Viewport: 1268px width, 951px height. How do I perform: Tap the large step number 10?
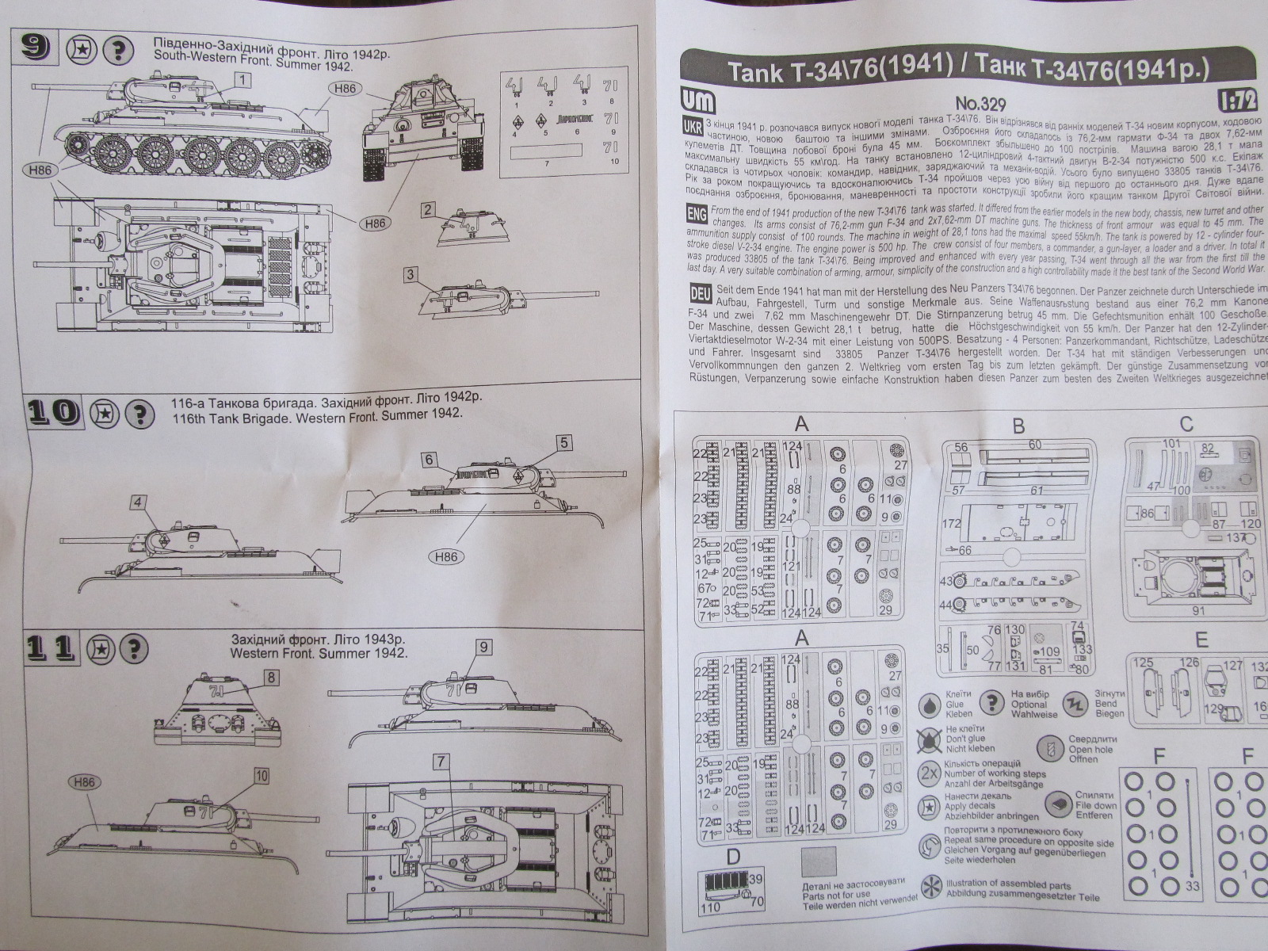[x=55, y=412]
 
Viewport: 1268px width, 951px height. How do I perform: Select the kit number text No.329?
[x=982, y=103]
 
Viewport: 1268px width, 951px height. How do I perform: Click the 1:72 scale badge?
[x=1238, y=101]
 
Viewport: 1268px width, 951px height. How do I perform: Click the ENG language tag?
[x=696, y=214]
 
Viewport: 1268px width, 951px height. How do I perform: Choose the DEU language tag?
[x=700, y=293]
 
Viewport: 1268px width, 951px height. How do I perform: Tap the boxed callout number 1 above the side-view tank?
[x=243, y=79]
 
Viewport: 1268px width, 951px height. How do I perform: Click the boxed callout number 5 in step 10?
[x=563, y=442]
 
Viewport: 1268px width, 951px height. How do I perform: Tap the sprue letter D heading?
[x=733, y=856]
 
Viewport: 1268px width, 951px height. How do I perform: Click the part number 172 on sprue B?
[x=951, y=524]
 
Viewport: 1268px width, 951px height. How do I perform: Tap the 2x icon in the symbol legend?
[x=929, y=773]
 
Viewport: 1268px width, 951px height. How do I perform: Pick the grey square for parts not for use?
[x=818, y=861]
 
